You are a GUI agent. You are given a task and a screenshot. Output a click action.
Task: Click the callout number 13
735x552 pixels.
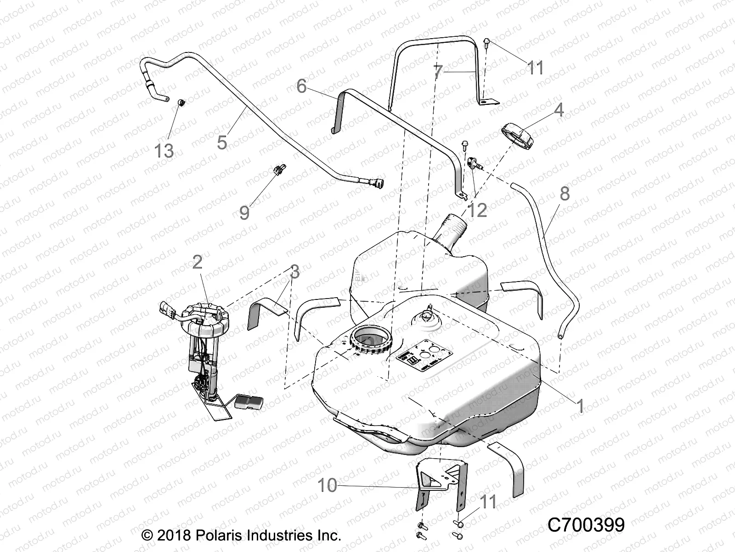[164, 150]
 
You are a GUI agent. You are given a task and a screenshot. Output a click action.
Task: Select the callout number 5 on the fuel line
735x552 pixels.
[222, 142]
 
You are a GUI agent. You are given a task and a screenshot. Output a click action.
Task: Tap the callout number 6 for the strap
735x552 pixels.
[301, 86]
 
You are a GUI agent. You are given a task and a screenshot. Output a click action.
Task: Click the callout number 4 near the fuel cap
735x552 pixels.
[559, 110]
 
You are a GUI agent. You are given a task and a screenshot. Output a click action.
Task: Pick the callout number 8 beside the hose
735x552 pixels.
[564, 194]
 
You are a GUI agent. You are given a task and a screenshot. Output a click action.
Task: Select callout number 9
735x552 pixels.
[244, 213]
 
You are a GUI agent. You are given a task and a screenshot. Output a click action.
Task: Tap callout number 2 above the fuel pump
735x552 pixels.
[197, 262]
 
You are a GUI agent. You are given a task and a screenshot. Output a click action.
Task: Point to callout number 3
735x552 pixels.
[294, 271]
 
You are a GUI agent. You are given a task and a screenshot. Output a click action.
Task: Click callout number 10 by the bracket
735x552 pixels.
[328, 485]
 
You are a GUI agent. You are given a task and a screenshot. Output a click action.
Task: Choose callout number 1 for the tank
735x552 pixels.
[580, 406]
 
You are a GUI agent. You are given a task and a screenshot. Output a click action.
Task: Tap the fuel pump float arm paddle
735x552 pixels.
[248, 402]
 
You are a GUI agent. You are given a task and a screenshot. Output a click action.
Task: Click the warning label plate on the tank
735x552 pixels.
[424, 354]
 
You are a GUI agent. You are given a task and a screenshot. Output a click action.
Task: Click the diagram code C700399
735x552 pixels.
[586, 525]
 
